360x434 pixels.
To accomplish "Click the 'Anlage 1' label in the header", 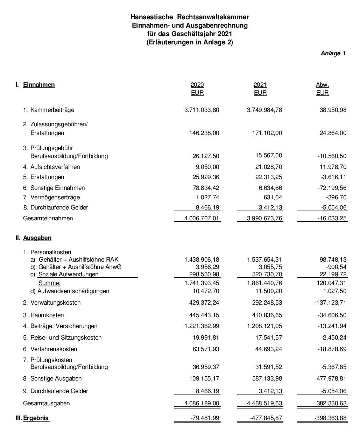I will (333, 53).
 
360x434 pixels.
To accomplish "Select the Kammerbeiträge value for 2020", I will (202, 110).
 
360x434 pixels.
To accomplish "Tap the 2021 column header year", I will (260, 85).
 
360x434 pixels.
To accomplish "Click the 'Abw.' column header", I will (322, 85).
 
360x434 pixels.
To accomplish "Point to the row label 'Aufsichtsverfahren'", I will (55, 167).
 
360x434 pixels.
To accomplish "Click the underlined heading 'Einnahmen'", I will (39, 85).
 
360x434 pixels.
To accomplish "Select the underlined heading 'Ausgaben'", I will (37, 238).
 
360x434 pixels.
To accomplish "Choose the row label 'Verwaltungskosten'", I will (55, 303).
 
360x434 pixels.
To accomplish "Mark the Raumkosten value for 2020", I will (204, 315).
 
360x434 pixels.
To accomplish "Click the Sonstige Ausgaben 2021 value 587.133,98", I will (264, 378).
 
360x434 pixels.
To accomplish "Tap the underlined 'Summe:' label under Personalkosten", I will (49, 283).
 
